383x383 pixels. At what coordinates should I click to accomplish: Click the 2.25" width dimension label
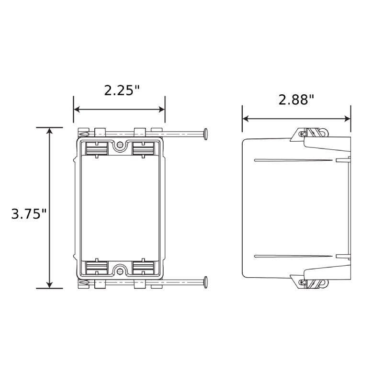coord(122,90)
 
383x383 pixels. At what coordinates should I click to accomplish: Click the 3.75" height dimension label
coord(29,214)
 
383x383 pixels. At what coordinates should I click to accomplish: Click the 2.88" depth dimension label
coord(296,100)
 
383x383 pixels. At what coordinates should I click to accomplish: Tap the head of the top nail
coord(206,134)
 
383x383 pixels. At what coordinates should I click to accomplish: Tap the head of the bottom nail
coord(206,282)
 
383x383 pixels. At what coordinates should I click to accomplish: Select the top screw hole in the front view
coord(120,145)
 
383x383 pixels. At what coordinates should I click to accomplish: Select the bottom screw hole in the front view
coord(120,271)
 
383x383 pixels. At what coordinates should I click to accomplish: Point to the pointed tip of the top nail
coord(81,134)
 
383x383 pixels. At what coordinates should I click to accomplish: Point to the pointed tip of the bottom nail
coord(81,282)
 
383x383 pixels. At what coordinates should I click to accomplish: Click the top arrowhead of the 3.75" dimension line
coord(50,131)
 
